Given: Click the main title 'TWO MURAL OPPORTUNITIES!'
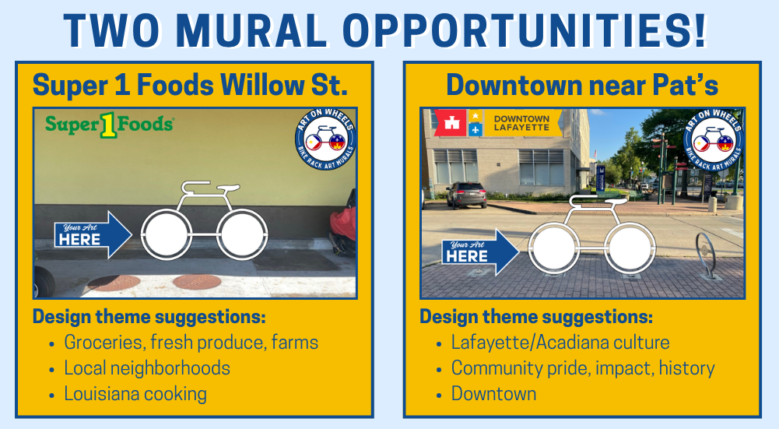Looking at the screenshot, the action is (385, 31).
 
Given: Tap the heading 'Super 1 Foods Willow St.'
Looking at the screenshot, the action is (190, 85).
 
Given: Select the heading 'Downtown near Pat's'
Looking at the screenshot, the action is (582, 85).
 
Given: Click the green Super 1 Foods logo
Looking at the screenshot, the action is (109, 125).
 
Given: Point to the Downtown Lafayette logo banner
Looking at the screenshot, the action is (498, 123).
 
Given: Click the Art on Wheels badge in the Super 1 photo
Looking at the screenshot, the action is (325, 139).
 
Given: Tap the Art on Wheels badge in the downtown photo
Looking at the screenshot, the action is (714, 139).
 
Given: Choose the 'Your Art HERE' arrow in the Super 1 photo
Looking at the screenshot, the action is (93, 234).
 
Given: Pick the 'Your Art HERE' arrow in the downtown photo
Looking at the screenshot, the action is (480, 252).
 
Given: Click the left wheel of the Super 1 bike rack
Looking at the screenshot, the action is (166, 234).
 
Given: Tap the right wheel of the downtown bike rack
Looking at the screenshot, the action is (630, 248).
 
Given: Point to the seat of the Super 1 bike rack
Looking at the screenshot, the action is (228, 188).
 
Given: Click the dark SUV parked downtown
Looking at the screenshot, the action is (466, 195).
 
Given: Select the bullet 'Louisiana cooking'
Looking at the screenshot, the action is (135, 394).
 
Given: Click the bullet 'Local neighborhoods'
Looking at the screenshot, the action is (147, 367).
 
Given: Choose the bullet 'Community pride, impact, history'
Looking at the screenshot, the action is (583, 368).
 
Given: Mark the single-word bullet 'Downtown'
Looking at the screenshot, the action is (493, 394).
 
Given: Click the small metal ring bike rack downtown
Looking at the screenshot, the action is (706, 255).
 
